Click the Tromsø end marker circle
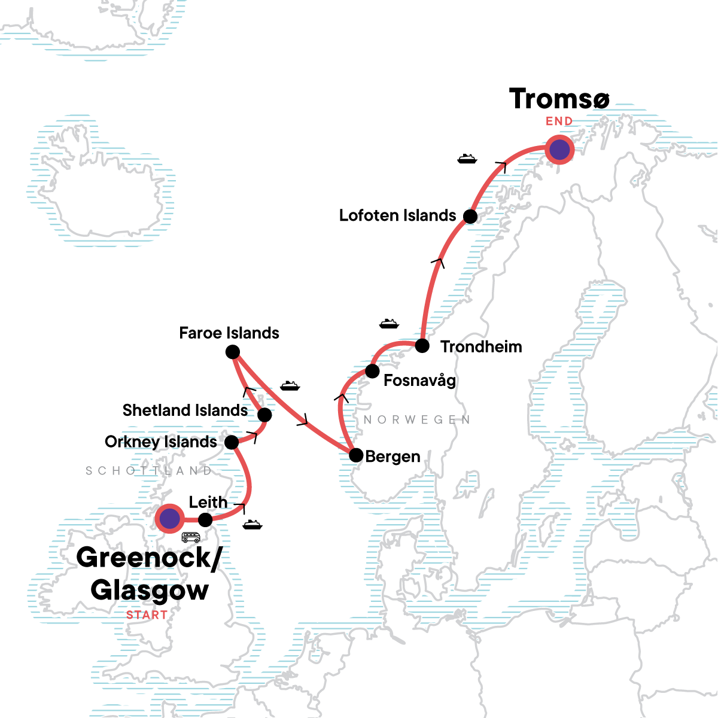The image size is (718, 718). point(559,150)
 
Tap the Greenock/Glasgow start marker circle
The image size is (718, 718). point(169,518)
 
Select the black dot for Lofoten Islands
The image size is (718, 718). point(470,217)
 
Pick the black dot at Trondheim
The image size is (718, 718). point(422,346)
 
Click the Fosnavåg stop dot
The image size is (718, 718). point(372,371)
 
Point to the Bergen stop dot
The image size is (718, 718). point(356,455)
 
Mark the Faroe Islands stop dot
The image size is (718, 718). point(233,352)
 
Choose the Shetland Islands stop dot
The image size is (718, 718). point(264,415)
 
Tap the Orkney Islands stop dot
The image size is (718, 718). point(232,443)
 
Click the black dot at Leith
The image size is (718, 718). point(205,519)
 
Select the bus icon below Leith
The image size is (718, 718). point(191,537)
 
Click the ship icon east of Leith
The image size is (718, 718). point(252,525)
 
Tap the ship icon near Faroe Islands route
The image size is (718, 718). point(290,385)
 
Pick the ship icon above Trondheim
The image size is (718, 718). point(389,324)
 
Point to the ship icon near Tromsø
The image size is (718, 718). point(467,159)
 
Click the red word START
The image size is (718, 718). point(147,614)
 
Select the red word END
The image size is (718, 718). point(559,121)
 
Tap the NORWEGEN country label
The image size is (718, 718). point(417,419)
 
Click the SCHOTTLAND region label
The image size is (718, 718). point(148,471)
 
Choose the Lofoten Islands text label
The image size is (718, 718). point(397,215)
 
